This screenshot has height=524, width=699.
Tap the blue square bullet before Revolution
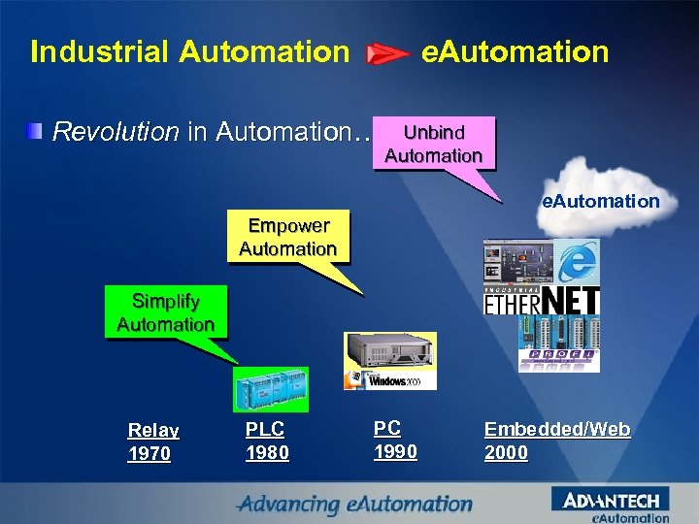click(35, 130)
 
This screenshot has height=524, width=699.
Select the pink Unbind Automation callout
click(434, 144)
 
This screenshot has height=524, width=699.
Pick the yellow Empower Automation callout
click(287, 237)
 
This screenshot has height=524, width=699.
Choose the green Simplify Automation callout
click(165, 312)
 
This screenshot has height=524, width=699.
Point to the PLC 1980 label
click(267, 440)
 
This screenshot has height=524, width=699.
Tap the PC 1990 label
click(395, 440)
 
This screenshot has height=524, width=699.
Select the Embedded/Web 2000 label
click(557, 441)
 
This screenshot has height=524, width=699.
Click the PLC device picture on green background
click(271, 390)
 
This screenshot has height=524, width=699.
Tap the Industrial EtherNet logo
click(542, 300)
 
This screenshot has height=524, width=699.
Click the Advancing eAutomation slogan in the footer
click(355, 505)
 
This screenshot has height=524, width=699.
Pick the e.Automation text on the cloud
click(600, 202)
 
